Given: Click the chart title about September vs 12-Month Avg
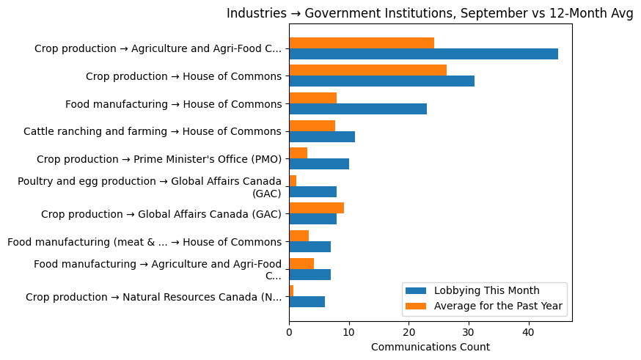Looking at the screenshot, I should [430, 13].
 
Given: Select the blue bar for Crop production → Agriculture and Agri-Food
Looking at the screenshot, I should [423, 54].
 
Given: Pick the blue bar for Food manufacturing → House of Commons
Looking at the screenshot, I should [358, 109].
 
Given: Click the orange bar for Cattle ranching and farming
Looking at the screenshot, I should [312, 125].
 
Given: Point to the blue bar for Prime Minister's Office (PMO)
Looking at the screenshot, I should [319, 164].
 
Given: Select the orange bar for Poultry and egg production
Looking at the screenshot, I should [293, 180].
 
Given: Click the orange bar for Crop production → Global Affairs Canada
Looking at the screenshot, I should [316, 208].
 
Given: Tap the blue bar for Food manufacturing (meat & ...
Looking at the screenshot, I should [309, 246].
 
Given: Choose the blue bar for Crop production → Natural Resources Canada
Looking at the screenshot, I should [307, 302].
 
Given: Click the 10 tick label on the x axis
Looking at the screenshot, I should [349, 331].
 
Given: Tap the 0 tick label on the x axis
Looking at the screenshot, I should [289, 331].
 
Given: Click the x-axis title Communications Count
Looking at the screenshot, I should [431, 347].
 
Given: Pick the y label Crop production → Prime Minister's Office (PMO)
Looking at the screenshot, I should [159, 159].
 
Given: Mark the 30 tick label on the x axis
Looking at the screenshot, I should [468, 331].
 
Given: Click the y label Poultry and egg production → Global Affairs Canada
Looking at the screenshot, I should [150, 187].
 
